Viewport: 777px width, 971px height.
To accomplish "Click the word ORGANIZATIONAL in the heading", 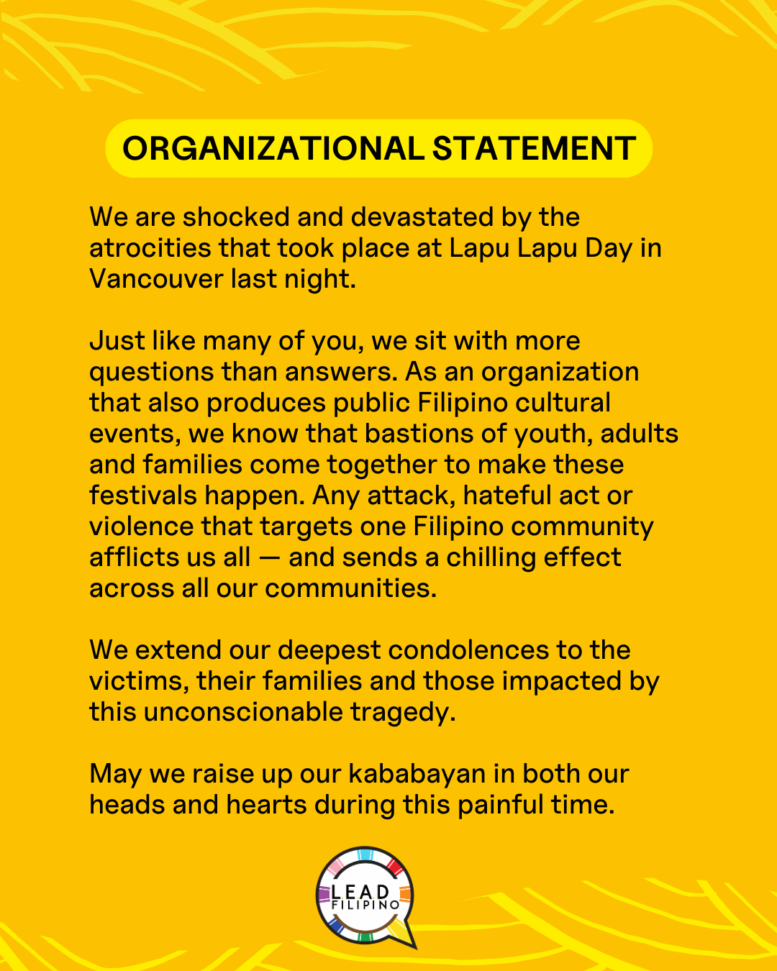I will [273, 149].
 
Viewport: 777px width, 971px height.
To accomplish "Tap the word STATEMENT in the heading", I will [534, 149].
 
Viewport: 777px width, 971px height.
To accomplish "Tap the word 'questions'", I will [151, 373].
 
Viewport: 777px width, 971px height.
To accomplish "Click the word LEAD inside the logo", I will [360, 892].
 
